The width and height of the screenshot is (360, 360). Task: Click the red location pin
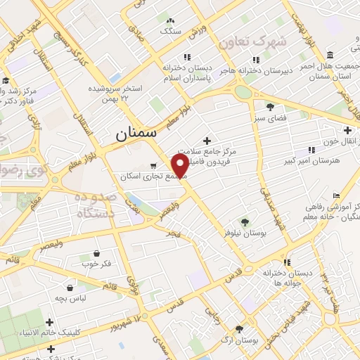181,165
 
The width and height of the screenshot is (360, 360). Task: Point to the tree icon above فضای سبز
270,107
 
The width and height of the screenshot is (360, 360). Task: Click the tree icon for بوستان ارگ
240,328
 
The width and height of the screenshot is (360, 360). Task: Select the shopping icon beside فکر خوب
96,254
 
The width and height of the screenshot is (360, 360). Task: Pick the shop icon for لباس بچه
71,288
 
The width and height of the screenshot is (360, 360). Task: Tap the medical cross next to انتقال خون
348,130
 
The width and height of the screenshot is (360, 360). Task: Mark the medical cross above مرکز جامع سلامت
206,141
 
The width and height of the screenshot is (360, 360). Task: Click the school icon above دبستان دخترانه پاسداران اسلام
186,57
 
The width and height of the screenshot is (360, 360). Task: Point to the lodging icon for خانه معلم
337,195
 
